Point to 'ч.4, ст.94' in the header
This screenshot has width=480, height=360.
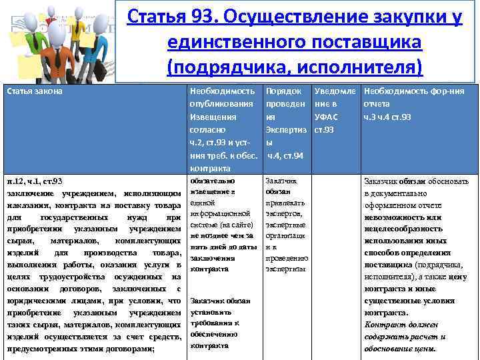(x=285, y=155)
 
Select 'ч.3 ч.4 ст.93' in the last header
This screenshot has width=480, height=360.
(x=387, y=117)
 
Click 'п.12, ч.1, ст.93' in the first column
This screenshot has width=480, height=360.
(x=35, y=181)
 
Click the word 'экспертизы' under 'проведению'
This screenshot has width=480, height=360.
(x=285, y=269)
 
